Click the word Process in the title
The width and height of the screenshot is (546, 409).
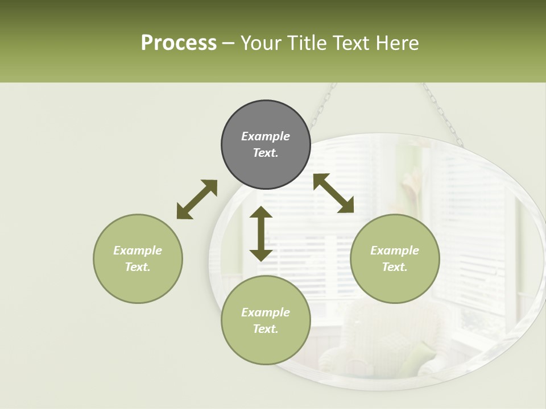click(x=179, y=43)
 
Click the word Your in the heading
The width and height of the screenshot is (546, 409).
click(x=261, y=43)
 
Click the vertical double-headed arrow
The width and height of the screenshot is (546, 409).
click(x=261, y=233)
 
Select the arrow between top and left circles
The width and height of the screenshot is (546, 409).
click(x=197, y=199)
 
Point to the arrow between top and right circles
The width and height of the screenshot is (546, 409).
click(x=333, y=193)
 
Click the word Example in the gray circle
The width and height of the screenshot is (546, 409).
click(x=266, y=136)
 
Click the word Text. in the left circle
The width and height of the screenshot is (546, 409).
click(x=138, y=267)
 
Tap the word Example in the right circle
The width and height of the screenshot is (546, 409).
click(x=395, y=251)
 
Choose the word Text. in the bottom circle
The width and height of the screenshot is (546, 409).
click(x=266, y=329)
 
